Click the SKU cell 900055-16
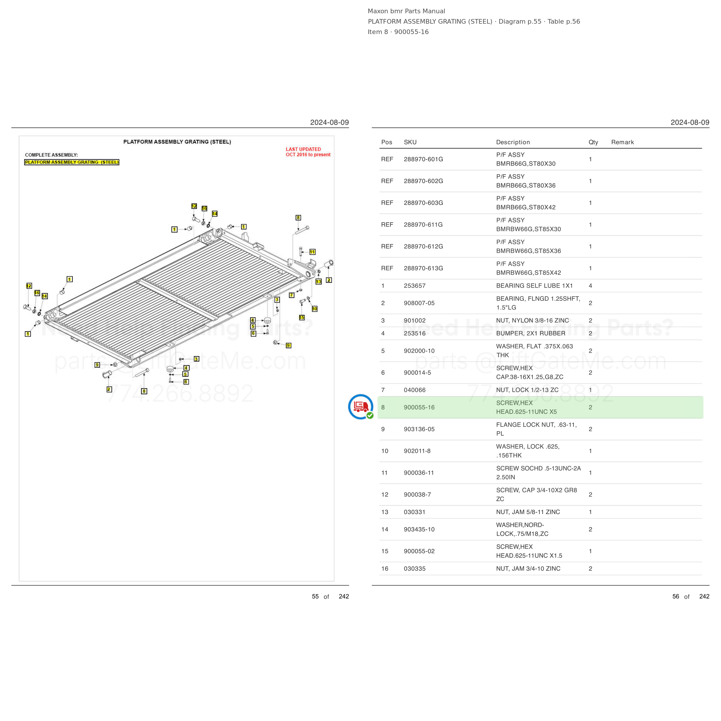[419, 407]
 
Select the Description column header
[513, 142]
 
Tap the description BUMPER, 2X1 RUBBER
[530, 333]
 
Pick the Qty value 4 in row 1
[590, 286]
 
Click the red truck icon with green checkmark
[360, 407]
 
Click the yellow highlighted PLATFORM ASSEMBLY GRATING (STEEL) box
[72, 162]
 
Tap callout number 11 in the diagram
[312, 252]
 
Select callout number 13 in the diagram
[318, 282]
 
